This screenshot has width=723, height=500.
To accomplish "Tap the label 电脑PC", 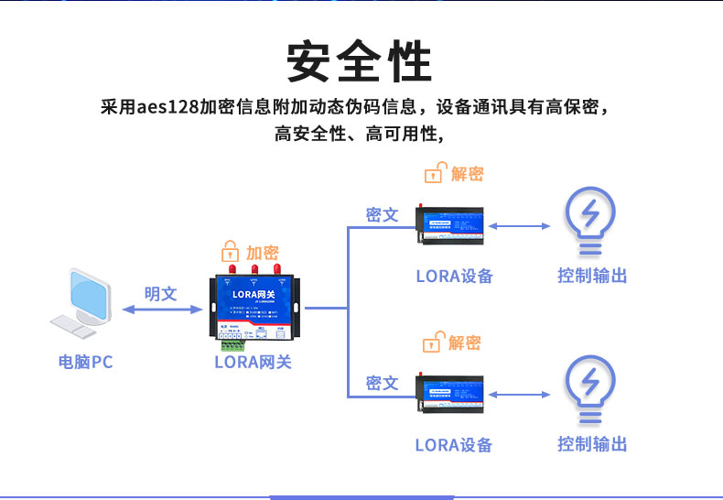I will pos(85,362).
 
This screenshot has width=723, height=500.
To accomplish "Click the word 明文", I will pos(160,293).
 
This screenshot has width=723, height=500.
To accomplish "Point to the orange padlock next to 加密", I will pos(231,252).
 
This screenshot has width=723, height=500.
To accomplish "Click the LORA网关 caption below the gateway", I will pos(253,362).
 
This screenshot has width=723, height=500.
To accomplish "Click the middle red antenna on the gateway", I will pos(255,270).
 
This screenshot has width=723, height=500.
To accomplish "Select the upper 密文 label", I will pos(382,214).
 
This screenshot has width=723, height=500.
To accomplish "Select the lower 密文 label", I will pos(382,383).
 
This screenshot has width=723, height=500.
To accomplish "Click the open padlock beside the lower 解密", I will pos(432,343).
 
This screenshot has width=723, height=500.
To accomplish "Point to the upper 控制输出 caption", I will pos(592,276).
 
